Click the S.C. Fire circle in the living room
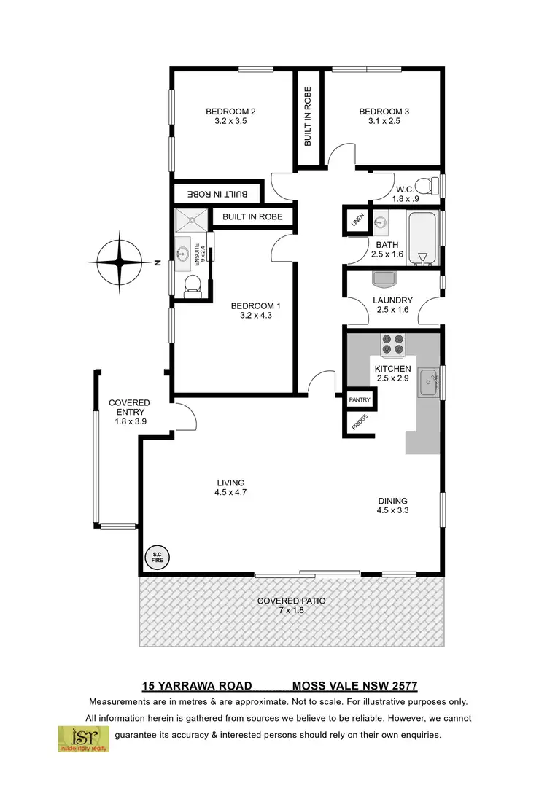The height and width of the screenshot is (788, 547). (157, 558)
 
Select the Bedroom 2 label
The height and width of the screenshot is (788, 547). (230, 112)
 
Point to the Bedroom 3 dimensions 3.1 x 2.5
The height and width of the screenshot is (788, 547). (384, 122)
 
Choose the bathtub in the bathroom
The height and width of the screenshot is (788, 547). (422, 238)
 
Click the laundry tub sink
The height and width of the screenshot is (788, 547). (384, 278)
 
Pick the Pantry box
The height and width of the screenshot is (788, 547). (360, 400)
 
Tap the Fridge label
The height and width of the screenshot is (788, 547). (359, 423)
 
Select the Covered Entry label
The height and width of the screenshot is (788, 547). (129, 407)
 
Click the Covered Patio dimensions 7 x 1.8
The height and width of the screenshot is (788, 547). (291, 611)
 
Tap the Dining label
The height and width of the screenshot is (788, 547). (392, 501)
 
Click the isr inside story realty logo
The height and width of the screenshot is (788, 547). (84, 738)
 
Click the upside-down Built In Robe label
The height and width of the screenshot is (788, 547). (217, 194)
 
